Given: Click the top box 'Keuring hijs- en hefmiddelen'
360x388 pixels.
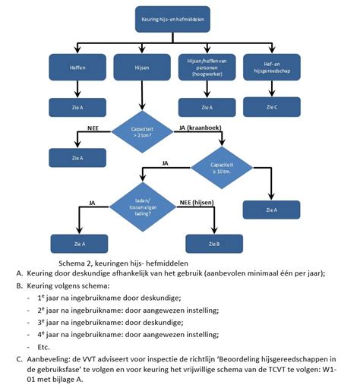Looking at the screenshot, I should (173, 17).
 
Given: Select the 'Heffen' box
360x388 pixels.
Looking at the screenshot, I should (77, 67).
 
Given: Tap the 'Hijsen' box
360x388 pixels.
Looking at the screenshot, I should (141, 67).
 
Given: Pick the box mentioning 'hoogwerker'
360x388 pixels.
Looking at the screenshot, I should (207, 67).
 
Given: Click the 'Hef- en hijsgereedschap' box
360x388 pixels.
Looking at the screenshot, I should (271, 67).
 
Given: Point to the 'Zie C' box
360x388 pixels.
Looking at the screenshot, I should (271, 108).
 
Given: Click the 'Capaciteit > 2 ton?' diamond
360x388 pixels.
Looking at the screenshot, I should (142, 131).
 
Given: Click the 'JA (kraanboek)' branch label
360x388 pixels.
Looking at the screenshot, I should (199, 128).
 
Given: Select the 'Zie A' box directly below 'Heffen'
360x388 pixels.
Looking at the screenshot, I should (77, 108).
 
